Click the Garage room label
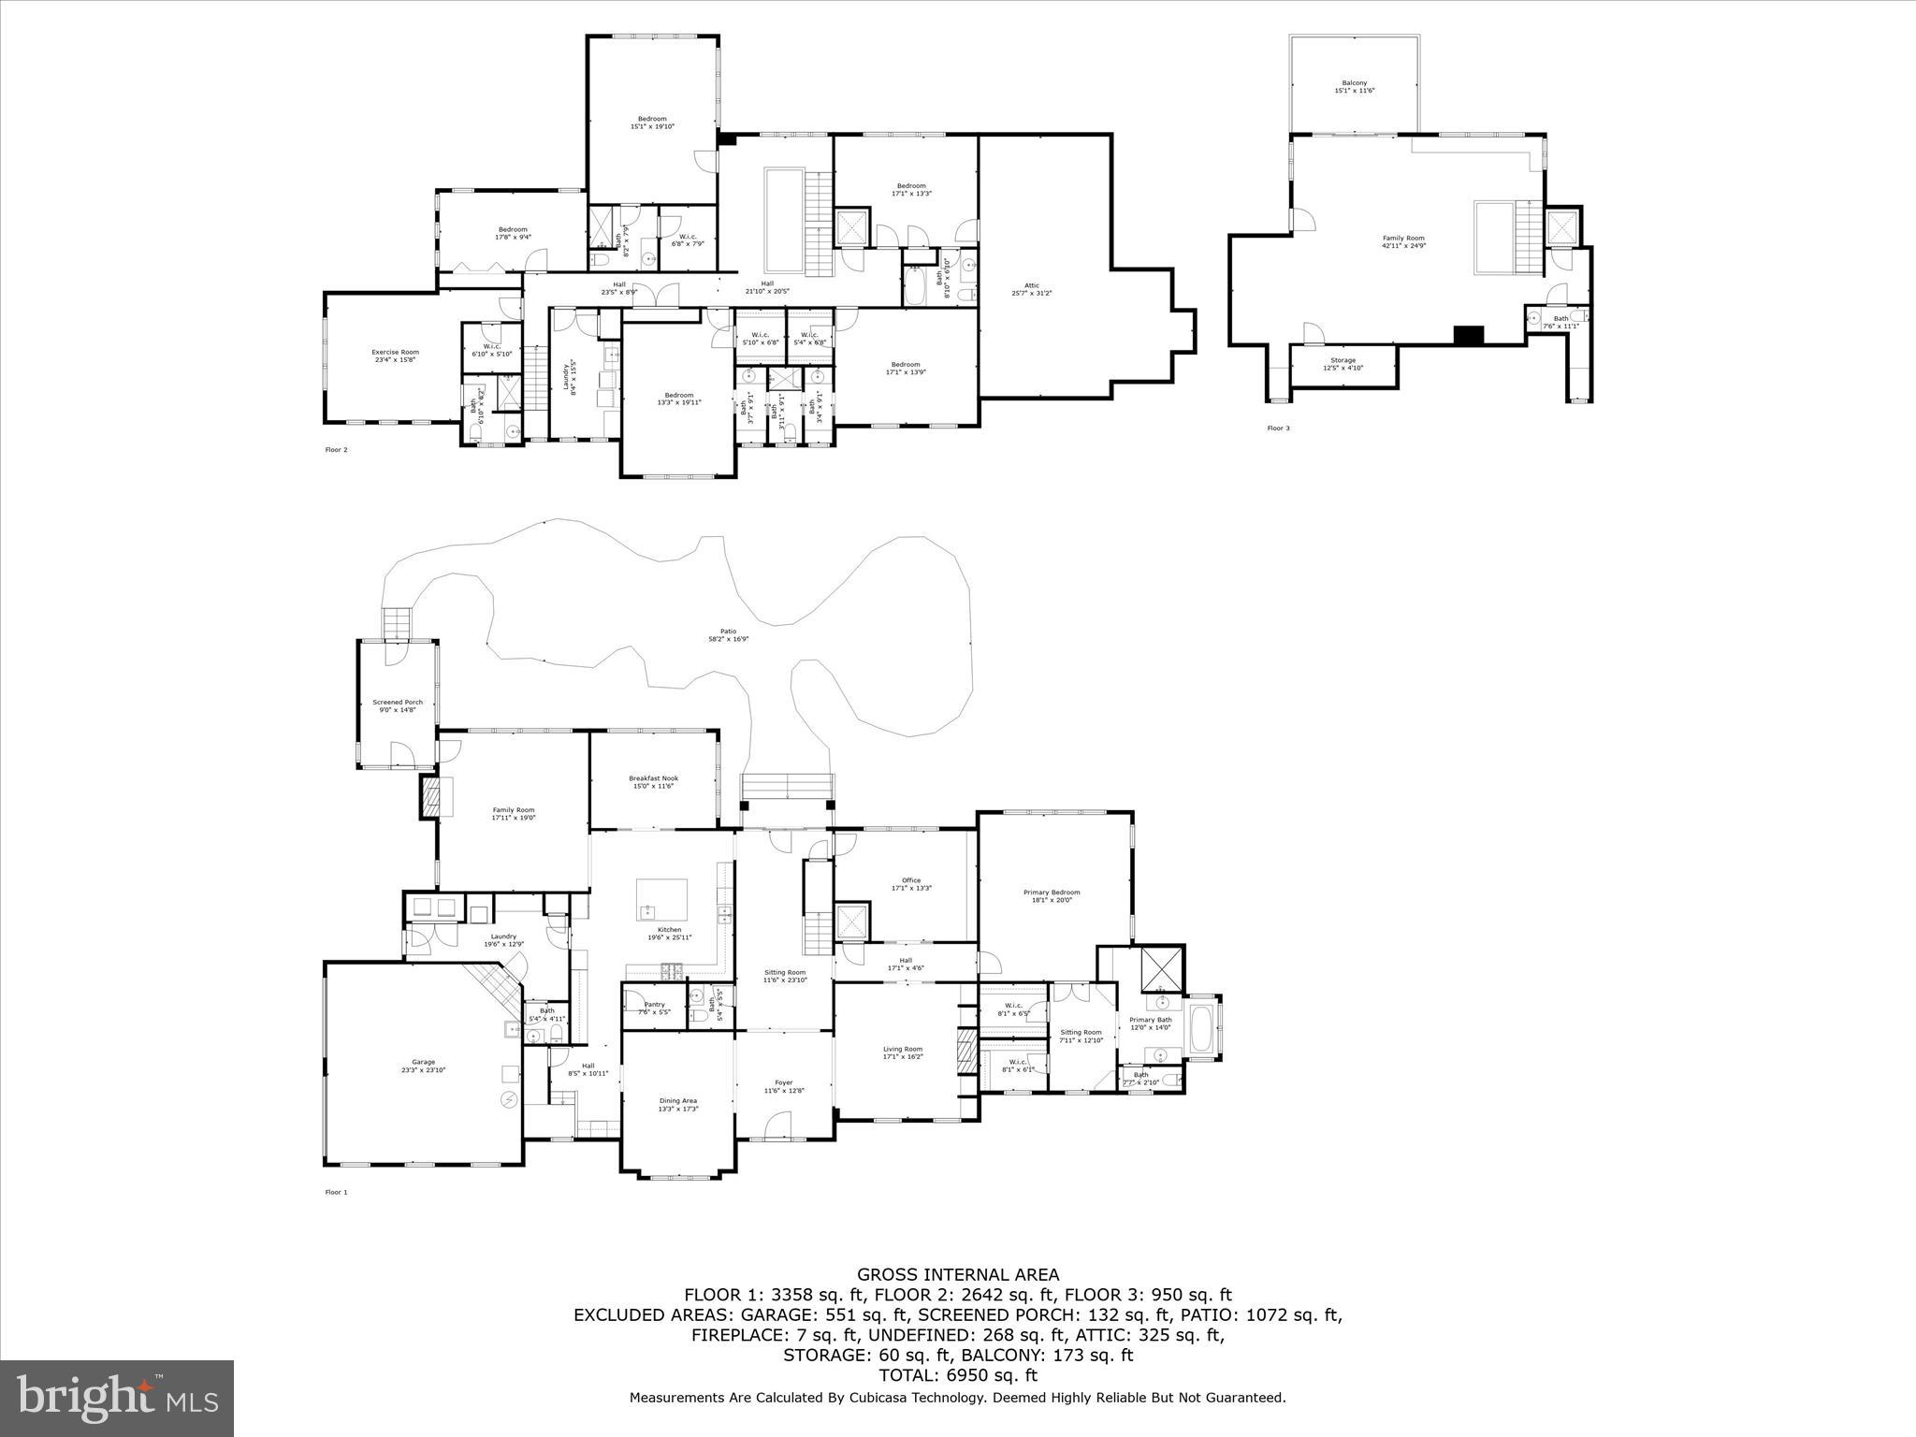click(424, 1065)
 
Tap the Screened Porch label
click(398, 705)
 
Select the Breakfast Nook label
click(653, 781)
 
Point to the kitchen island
click(662, 899)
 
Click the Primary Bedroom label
click(1052, 895)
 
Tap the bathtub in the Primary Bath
click(1201, 1028)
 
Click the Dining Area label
click(677, 1104)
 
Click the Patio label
click(729, 635)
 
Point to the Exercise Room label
click(396, 356)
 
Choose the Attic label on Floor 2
click(1032, 288)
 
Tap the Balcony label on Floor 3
click(1354, 86)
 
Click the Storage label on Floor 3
click(1343, 363)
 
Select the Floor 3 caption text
click(1278, 428)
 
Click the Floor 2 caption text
click(336, 450)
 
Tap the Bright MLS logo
click(117, 1399)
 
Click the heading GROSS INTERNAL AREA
click(958, 1274)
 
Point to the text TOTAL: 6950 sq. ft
click(958, 1375)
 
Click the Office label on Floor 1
click(911, 883)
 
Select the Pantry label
click(654, 1007)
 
